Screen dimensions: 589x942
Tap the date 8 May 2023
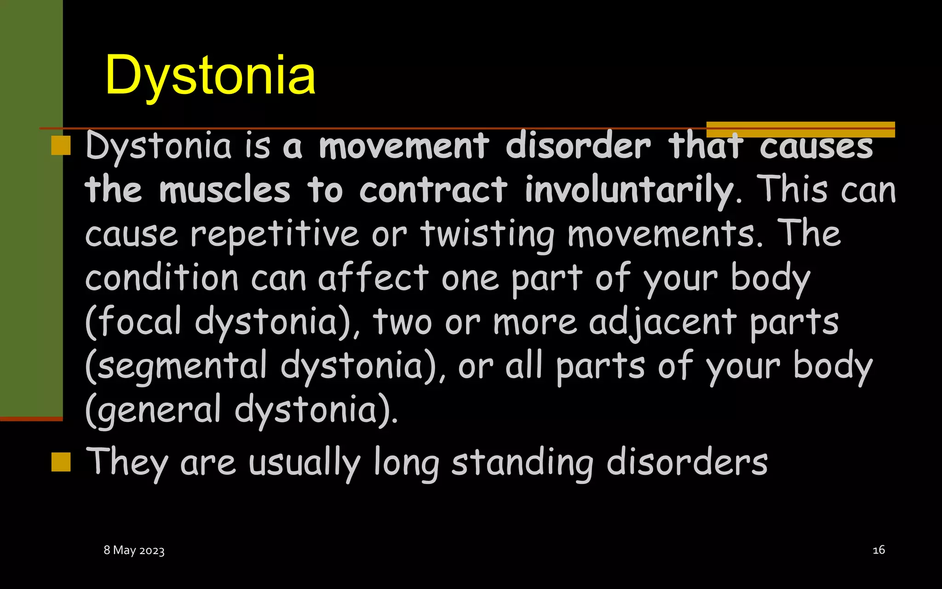[x=134, y=550]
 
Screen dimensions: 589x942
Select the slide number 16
[x=879, y=550]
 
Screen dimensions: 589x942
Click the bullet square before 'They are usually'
[x=61, y=462]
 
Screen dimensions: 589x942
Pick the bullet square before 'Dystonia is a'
[x=61, y=145]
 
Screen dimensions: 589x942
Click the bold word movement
[x=404, y=146]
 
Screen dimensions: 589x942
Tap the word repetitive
[x=275, y=235]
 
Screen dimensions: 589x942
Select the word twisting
[x=487, y=235]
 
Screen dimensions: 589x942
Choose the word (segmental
[x=176, y=366]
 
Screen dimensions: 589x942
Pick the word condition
[x=161, y=278]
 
